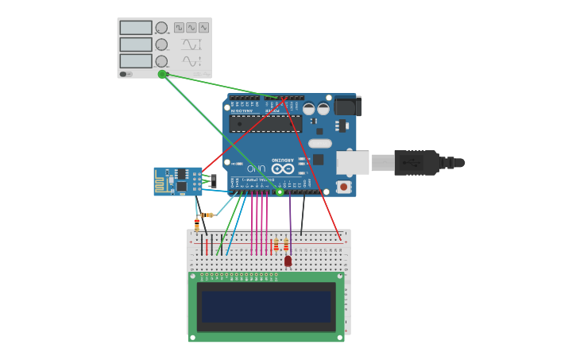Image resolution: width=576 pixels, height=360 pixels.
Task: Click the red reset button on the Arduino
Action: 343,187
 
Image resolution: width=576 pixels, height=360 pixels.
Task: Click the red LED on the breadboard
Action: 288,261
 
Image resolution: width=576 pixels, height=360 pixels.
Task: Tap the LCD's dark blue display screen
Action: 265,306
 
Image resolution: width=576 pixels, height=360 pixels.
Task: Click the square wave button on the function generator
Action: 179,27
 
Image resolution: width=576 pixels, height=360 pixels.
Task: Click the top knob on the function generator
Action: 161,28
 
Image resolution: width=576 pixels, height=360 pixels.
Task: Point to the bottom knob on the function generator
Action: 161,61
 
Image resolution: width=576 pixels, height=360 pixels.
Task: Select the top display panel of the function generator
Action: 135,27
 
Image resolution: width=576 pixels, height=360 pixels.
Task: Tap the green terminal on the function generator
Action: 162,74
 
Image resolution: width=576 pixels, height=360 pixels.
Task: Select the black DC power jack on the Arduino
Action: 347,106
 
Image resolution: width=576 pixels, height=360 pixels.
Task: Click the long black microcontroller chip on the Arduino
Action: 265,124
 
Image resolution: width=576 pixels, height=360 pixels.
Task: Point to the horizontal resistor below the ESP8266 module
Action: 207,215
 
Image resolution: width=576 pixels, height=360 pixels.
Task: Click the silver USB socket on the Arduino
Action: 352,162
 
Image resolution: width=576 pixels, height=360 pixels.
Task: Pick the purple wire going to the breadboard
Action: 290,223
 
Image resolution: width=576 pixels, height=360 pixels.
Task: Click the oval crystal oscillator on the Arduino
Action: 319,144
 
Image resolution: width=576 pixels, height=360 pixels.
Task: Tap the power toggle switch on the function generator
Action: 124,74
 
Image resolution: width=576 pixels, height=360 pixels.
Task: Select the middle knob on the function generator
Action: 161,45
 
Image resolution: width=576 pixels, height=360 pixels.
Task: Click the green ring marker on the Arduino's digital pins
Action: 280,192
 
